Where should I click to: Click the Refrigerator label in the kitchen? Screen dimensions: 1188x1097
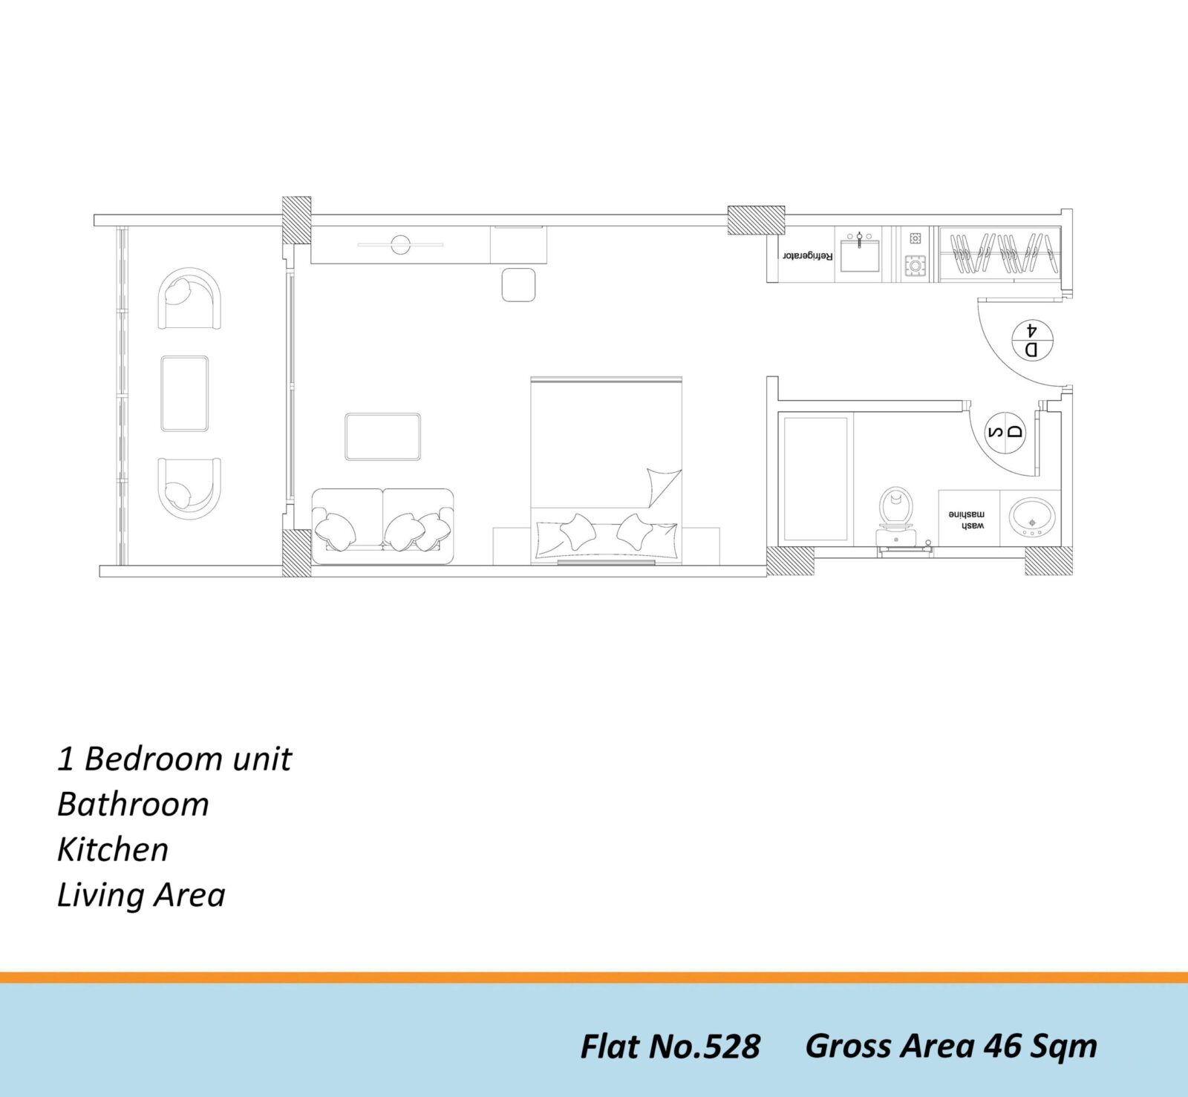click(807, 256)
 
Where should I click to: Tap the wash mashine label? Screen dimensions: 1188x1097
click(966, 520)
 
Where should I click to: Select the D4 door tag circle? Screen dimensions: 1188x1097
click(1032, 340)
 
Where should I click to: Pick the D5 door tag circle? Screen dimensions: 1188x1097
click(1005, 432)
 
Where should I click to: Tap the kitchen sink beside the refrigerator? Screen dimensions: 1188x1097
click(860, 253)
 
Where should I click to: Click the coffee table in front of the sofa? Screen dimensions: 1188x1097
click(382, 436)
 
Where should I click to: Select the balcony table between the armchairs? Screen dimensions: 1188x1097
click(185, 393)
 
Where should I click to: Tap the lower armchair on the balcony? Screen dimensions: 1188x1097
click(189, 488)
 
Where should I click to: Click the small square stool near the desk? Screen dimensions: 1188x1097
click(518, 285)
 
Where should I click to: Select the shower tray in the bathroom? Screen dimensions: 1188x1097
click(816, 479)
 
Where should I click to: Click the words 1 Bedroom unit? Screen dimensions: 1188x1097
click(174, 759)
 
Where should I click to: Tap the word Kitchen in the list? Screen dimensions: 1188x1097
click(113, 850)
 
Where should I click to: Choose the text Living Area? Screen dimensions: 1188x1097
click(141, 895)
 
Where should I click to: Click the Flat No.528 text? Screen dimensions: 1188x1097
click(670, 1047)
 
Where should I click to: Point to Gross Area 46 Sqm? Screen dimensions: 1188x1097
click(951, 1047)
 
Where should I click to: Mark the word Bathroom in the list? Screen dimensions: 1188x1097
click(133, 805)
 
